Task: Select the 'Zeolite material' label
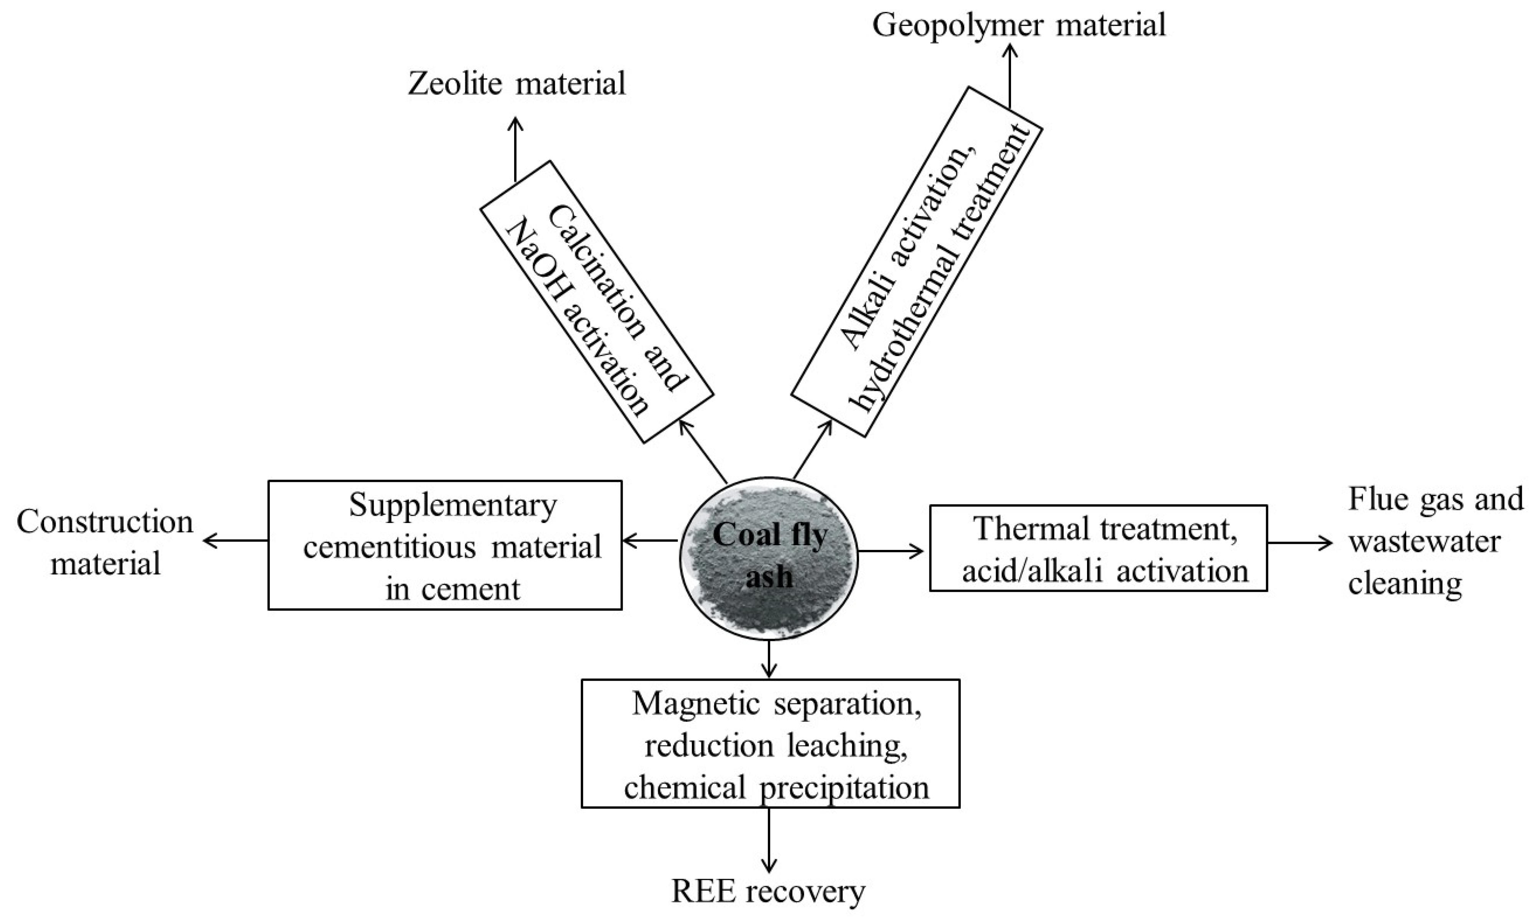click(516, 84)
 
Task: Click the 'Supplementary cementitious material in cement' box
click(445, 545)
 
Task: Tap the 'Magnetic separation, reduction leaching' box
click(770, 743)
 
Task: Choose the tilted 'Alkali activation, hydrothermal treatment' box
click(917, 262)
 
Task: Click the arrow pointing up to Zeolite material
click(515, 149)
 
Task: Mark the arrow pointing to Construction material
click(236, 541)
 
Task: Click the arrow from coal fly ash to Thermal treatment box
click(891, 550)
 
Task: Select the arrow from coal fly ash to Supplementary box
click(650, 541)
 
